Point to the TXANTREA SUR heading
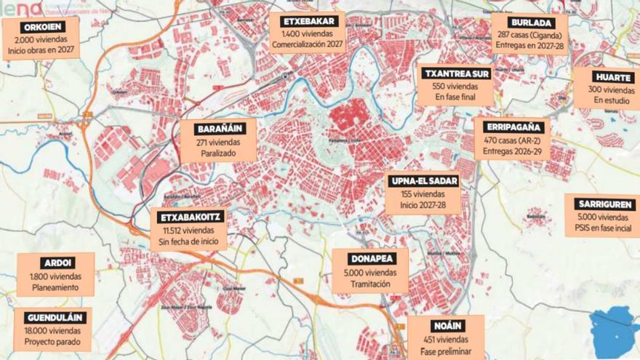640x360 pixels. click(457, 73)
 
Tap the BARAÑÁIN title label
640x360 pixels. click(219, 129)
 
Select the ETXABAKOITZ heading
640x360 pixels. click(188, 217)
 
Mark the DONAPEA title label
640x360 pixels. click(369, 258)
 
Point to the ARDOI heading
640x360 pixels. click(55, 263)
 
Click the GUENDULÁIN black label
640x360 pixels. click(55, 318)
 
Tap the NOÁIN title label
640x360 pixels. click(444, 327)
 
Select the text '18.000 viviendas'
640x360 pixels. click(55, 331)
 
